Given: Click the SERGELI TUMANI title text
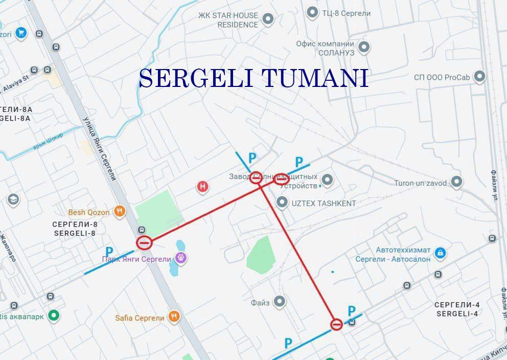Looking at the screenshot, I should (253, 78).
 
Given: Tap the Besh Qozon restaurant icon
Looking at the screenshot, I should (120, 211).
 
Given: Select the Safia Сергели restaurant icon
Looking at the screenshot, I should (175, 317).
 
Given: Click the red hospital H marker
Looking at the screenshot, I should (203, 187).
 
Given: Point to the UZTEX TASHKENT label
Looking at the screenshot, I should (324, 203).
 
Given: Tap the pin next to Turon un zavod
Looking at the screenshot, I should (457, 183).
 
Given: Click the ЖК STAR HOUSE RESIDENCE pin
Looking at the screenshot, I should (268, 20).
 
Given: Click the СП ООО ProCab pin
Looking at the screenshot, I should (479, 77).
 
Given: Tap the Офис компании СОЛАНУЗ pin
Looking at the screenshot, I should (364, 48).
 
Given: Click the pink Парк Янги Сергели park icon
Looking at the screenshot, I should (180, 258).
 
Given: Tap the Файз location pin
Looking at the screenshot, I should (280, 302).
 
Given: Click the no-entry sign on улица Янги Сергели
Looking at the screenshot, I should (144, 243).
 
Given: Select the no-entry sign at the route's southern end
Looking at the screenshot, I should (336, 324).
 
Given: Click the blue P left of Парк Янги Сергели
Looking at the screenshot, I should (109, 252).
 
